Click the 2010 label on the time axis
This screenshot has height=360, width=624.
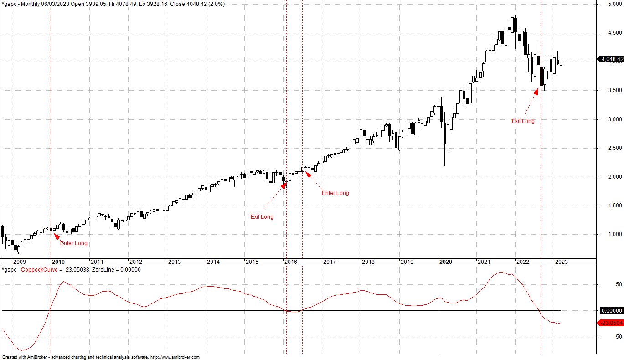coord(58,262)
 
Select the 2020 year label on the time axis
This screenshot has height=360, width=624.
coord(445,262)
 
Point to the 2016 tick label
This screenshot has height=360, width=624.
coord(290,262)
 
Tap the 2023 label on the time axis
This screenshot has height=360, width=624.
coord(561,262)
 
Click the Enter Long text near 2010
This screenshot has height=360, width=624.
coord(74,243)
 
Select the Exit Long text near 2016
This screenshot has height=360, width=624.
coord(262,217)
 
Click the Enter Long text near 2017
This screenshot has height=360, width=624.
coord(335,193)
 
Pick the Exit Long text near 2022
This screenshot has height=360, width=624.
coord(523,121)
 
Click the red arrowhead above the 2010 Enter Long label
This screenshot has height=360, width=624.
coord(56,236)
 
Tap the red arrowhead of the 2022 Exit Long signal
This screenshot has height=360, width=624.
coord(536,91)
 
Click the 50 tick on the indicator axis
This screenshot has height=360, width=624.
coord(606,284)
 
